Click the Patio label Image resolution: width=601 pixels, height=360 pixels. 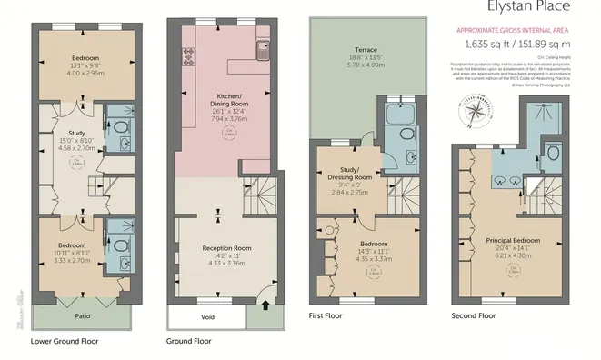coord(81,318)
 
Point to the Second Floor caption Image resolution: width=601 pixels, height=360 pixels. coord(474,316)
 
